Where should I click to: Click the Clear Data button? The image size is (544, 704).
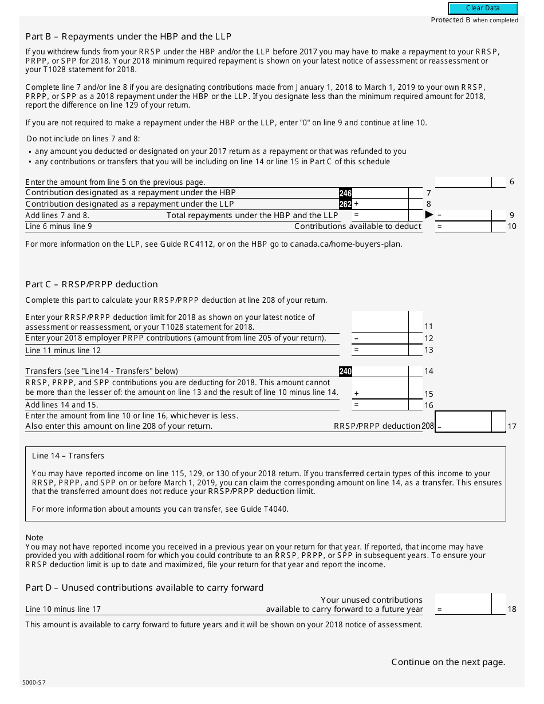tap(483, 9)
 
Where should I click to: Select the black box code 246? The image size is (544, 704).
tap(345, 193)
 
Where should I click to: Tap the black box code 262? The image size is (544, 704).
tap(345, 204)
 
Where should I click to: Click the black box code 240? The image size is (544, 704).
tap(345, 371)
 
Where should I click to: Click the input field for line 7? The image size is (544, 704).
tap(380, 193)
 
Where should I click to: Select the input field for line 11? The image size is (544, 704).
tap(380, 322)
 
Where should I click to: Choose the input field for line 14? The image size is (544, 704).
tap(380, 371)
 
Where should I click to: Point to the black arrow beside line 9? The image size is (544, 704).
tap(429, 215)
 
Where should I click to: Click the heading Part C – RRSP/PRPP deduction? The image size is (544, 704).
tap(92, 284)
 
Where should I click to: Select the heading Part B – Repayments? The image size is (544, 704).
tap(128, 37)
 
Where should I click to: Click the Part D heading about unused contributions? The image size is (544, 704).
tap(144, 588)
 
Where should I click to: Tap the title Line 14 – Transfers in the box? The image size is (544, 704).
tap(68, 456)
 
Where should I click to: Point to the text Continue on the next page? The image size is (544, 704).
tap(448, 662)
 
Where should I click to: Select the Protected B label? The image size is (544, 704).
tap(474, 20)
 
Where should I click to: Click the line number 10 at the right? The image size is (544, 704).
tap(511, 227)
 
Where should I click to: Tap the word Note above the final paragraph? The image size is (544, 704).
tap(34, 537)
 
